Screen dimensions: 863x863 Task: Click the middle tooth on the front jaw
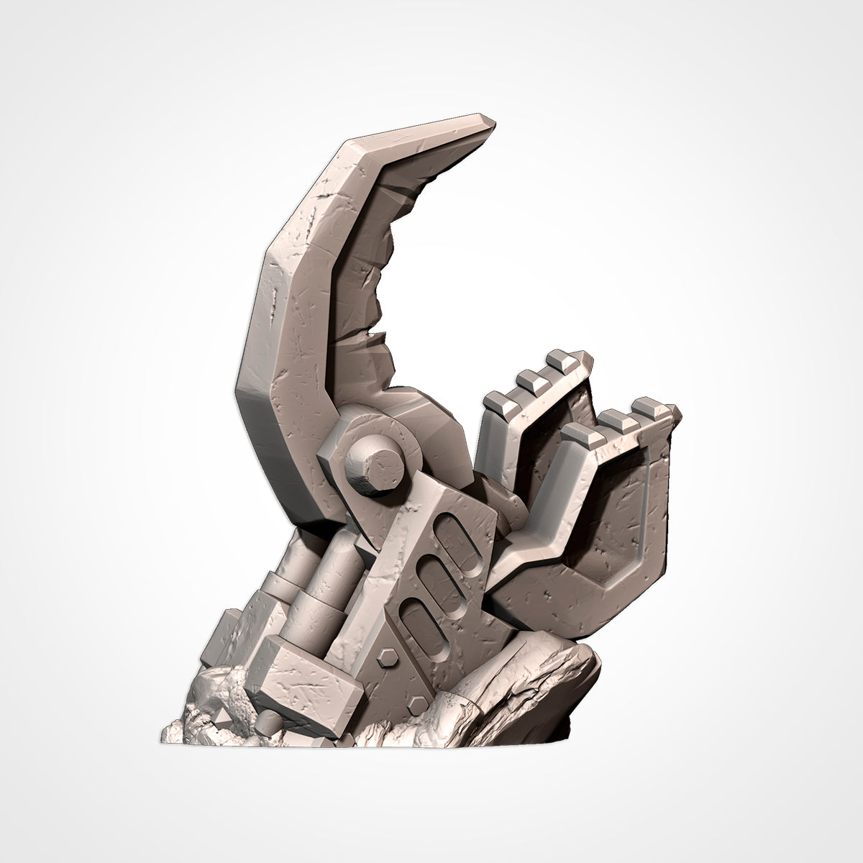[615, 417]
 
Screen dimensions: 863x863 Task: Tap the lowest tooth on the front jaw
[581, 435]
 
